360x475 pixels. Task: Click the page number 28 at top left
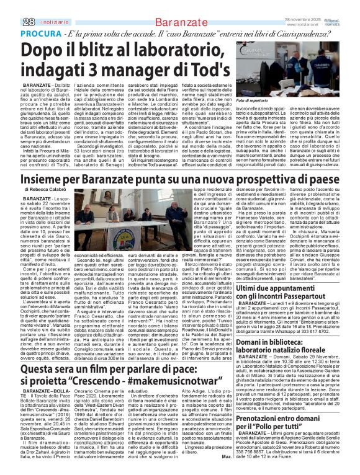11,6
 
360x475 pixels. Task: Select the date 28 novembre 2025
302,4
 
